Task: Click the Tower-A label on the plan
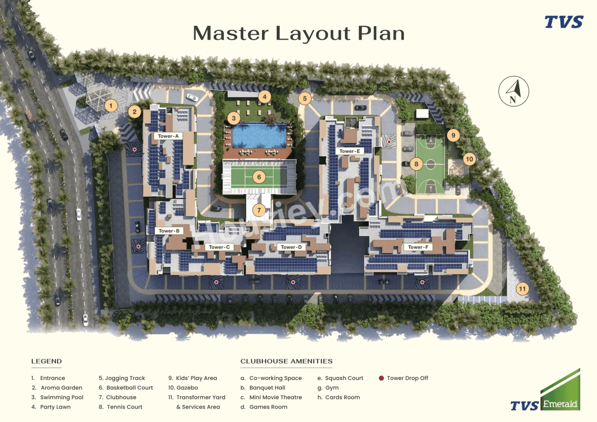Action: point(168,136)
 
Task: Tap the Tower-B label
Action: point(168,231)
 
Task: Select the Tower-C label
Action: point(219,247)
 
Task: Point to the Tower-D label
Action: point(289,247)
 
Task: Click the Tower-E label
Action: point(349,151)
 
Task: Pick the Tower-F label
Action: point(418,247)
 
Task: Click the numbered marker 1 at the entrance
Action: point(111,106)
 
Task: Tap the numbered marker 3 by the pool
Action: point(234,118)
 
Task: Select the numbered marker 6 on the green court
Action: point(259,177)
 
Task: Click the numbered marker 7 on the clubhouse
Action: point(259,210)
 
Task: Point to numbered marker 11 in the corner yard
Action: point(522,289)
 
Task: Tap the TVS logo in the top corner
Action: point(564,22)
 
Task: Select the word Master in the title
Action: point(230,34)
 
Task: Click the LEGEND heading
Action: point(47,361)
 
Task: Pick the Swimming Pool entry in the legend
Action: point(62,397)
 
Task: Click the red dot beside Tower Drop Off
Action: point(382,378)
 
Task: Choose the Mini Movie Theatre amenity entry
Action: point(275,397)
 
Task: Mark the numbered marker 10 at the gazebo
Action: point(469,159)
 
